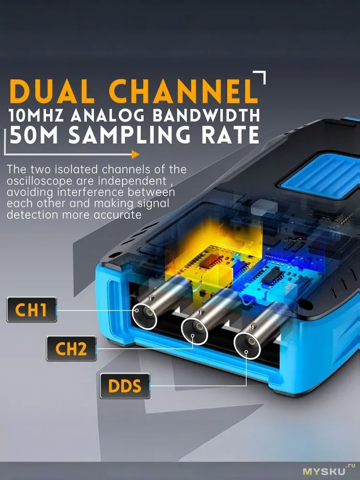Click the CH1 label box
pyautogui.click(x=32, y=310)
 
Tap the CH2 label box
pyautogui.click(x=71, y=348)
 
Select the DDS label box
pyautogui.click(x=125, y=386)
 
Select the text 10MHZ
pyautogui.click(x=36, y=116)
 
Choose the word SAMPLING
pyautogui.click(x=129, y=135)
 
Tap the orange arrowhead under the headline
pyautogui.click(x=135, y=155)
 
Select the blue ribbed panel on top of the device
pyautogui.click(x=322, y=176)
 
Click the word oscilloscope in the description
pyautogui.click(x=39, y=181)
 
